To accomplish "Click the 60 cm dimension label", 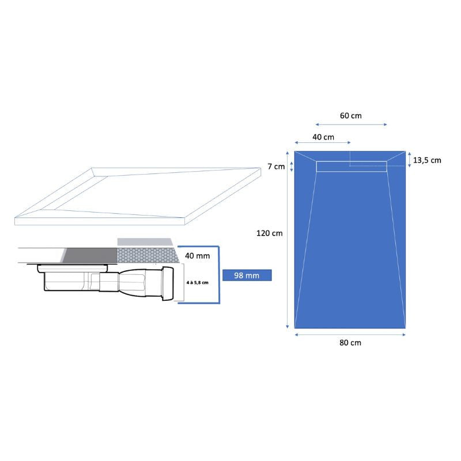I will click(350, 115).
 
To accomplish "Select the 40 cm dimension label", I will click(323, 137).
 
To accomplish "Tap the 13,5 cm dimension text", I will click(427, 160).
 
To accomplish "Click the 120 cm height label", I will click(269, 233).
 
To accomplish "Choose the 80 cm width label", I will click(350, 342).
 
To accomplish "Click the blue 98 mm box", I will click(247, 275).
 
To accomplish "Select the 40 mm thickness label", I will click(197, 255).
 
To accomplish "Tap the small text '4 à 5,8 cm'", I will click(197, 282).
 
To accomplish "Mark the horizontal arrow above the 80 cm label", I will click(350, 333).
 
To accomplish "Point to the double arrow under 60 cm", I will click(351, 124).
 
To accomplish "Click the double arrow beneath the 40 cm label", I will click(322, 142).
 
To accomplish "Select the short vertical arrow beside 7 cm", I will click(291, 167).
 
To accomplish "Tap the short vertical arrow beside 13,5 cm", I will click(409, 160).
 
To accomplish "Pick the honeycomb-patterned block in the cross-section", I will click(146, 254).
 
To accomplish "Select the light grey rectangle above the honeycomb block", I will click(145, 241).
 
